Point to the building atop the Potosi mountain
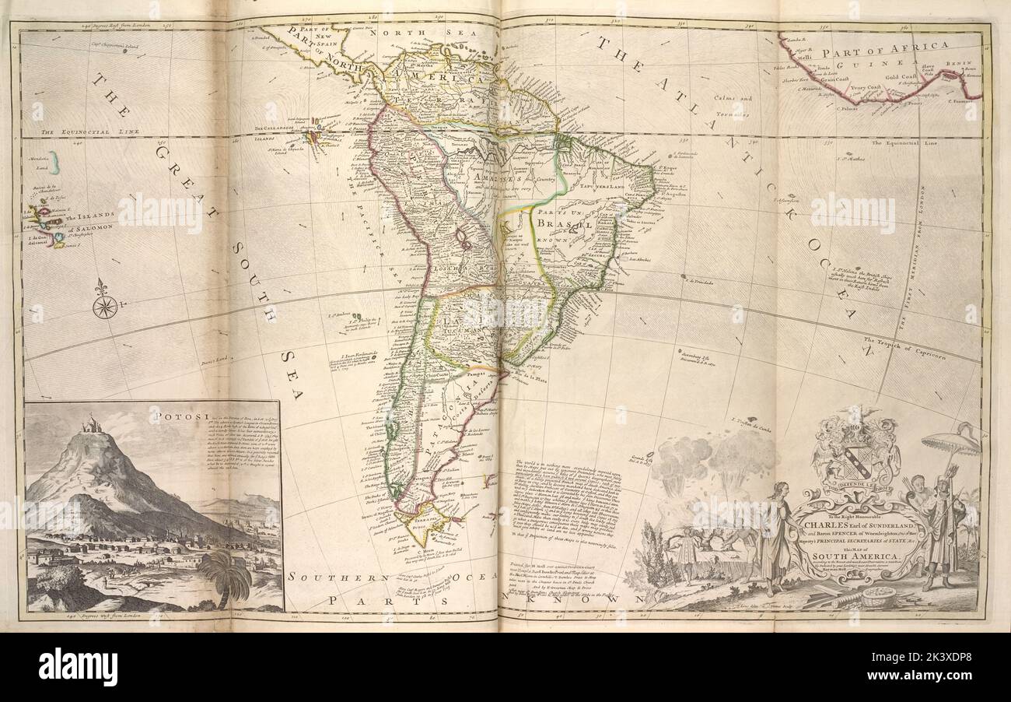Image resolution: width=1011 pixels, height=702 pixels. coord(94,425)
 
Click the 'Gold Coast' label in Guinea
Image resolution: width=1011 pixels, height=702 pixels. coord(902,77)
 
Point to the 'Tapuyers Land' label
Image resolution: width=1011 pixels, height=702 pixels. coord(599,186)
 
